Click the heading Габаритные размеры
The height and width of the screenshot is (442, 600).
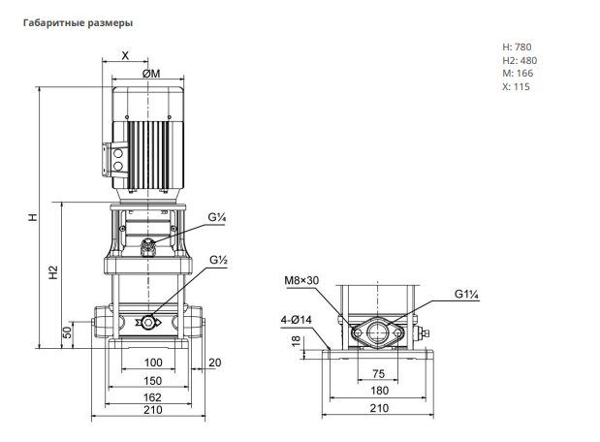[79, 23]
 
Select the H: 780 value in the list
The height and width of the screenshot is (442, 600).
[517, 47]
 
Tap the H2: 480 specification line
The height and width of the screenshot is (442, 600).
[520, 60]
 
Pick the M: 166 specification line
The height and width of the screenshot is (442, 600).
[518, 73]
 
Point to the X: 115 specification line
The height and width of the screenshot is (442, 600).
[517, 86]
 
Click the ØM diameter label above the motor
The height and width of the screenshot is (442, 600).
[151, 74]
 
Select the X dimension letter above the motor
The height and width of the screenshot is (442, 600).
[125, 56]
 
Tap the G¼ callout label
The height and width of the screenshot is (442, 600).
[217, 217]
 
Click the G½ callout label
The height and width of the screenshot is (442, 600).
[218, 260]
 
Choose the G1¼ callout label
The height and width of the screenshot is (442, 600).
[467, 295]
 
